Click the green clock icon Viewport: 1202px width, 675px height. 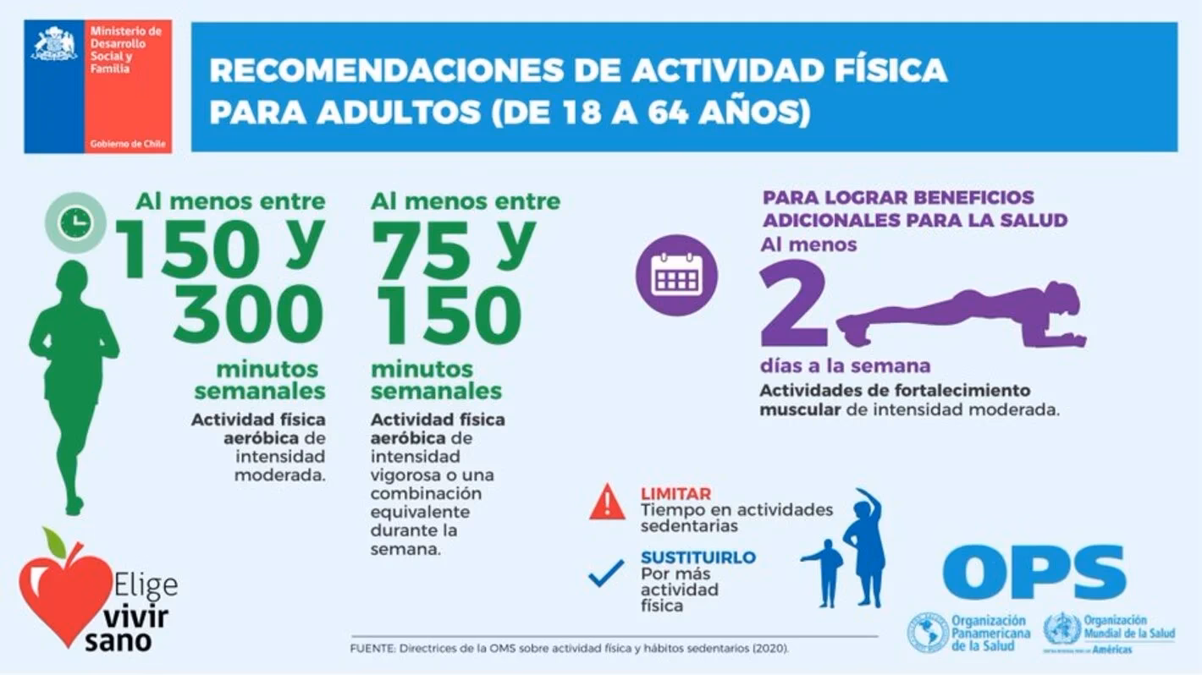(75, 222)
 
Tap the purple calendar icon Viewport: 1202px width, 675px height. (675, 275)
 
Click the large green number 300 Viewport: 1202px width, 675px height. (249, 314)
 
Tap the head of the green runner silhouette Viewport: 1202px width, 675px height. (72, 277)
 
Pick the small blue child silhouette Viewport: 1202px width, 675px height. (826, 571)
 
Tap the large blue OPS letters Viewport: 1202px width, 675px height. (1034, 572)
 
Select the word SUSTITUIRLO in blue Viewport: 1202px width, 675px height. (697, 558)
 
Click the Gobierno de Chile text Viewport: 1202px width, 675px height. (127, 145)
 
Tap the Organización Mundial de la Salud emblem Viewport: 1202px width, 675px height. (1061, 630)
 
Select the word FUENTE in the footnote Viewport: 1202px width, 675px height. (372, 648)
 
